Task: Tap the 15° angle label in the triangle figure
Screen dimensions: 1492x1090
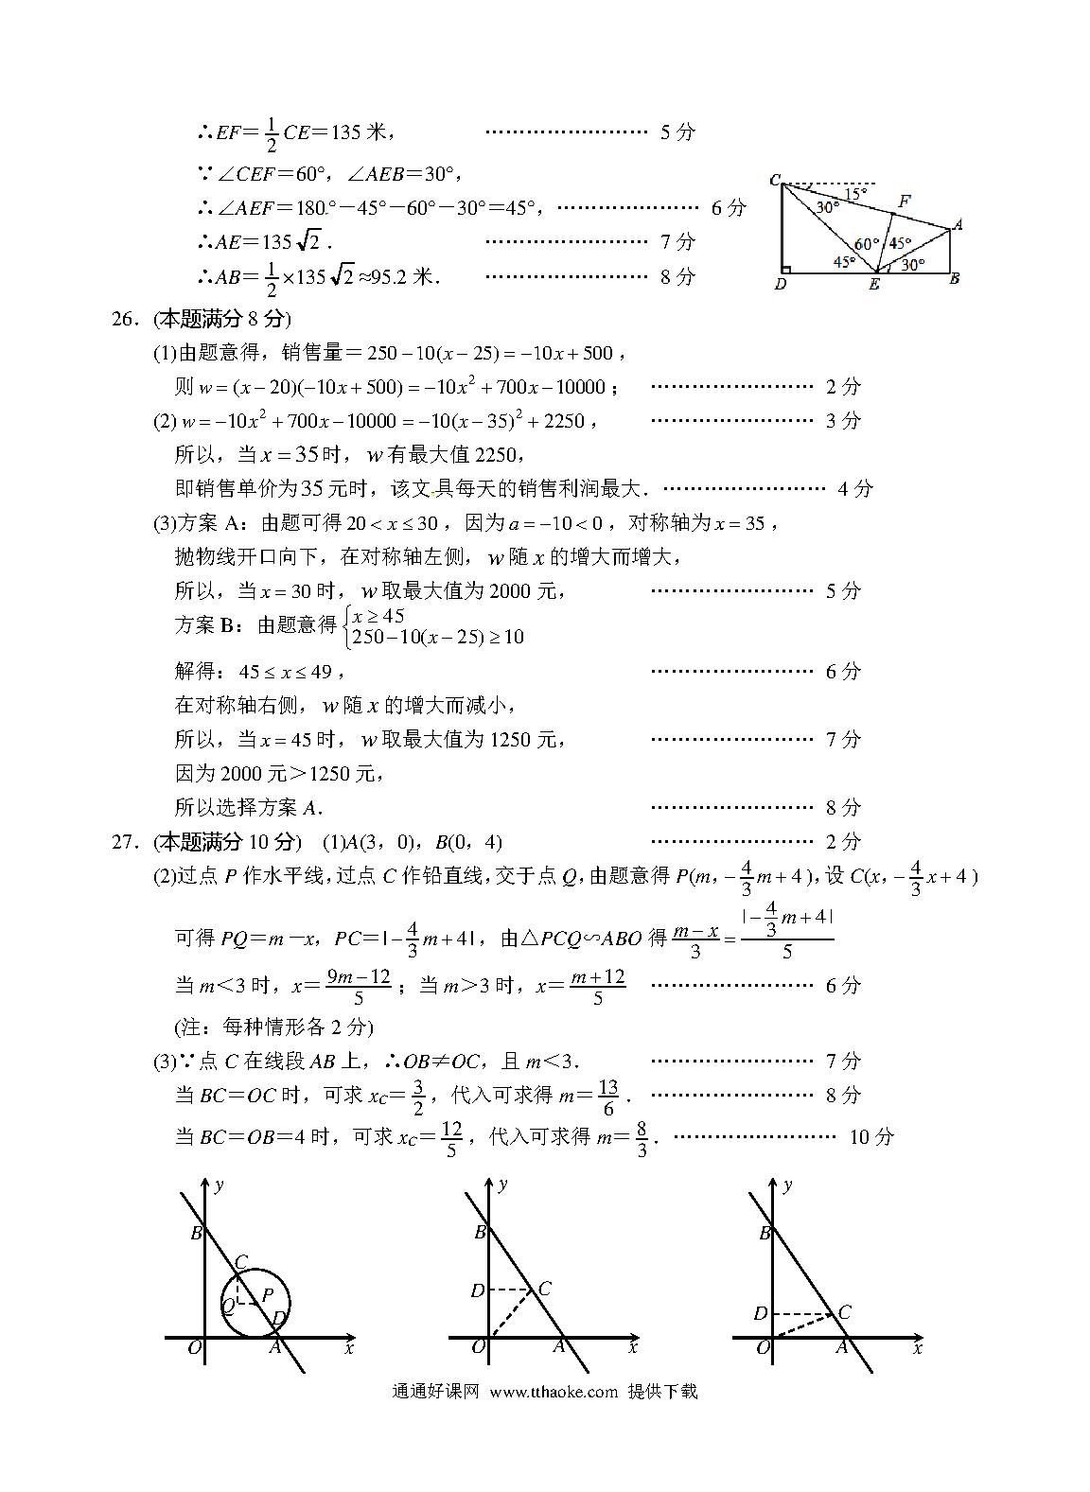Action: (853, 195)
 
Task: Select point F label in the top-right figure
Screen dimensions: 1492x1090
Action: (904, 201)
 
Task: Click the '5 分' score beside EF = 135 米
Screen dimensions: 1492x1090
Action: (677, 132)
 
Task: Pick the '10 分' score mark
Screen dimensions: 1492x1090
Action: (870, 1136)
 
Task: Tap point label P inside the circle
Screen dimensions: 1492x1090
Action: (267, 1295)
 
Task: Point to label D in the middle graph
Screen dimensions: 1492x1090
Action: (477, 1290)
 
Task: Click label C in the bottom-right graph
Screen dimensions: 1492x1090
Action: (844, 1311)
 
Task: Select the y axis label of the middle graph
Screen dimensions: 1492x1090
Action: (503, 1184)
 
